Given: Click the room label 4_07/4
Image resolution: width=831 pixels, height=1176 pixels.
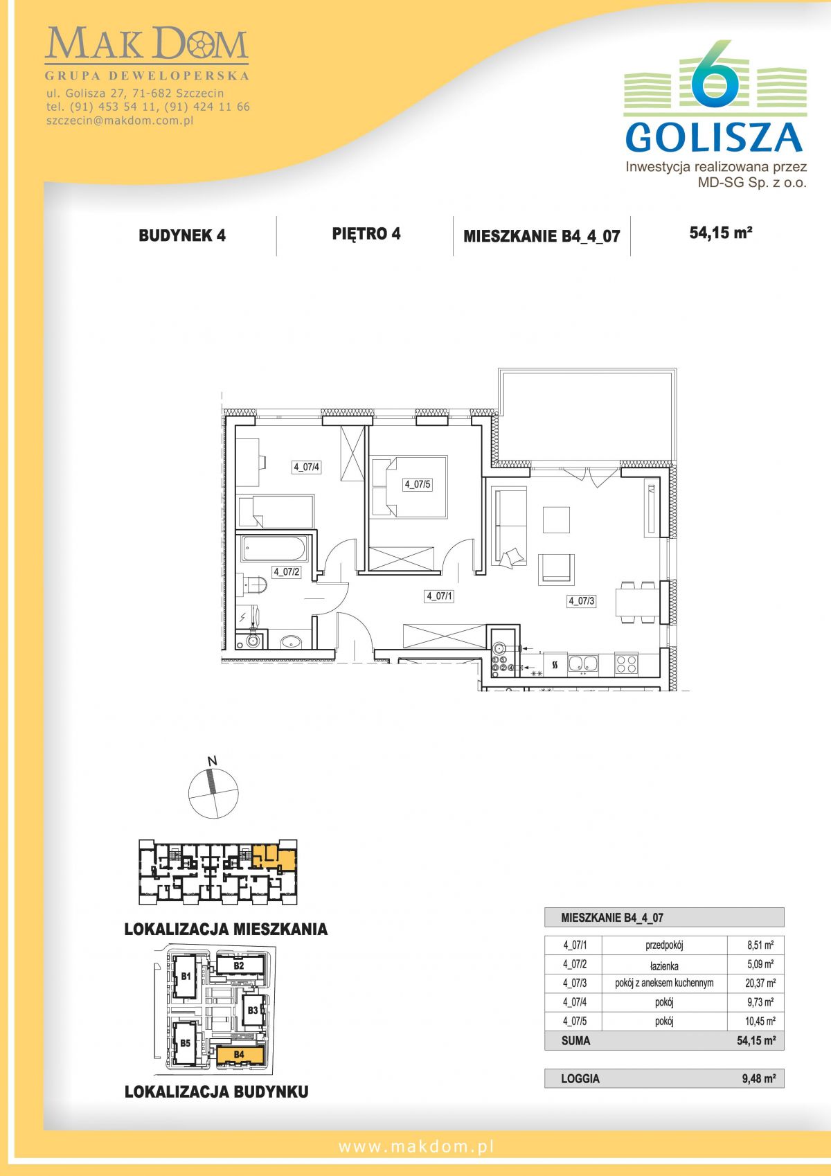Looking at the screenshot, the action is tap(307, 466).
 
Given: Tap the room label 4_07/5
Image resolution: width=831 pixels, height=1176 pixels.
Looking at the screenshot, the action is tap(418, 485).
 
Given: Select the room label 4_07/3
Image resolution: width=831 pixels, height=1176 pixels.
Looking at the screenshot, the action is tap(581, 600).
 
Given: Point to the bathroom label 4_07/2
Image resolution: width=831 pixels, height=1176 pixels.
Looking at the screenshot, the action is tap(286, 572).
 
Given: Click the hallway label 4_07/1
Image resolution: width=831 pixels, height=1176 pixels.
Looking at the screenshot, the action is tap(439, 596).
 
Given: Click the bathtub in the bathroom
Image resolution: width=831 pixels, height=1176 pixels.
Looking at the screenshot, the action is tap(274, 549).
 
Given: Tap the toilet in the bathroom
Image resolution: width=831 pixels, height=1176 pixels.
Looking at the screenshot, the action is tap(253, 585).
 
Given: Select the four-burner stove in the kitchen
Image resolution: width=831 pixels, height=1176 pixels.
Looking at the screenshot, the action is tap(626, 664).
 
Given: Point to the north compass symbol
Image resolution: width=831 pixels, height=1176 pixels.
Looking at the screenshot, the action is tap(213, 791).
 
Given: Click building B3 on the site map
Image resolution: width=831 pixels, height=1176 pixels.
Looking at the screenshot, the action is tap(253, 1010).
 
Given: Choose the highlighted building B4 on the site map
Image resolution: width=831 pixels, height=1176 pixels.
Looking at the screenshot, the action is tap(240, 1053).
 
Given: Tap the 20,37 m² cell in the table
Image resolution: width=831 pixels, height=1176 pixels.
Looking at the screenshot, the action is tap(760, 983).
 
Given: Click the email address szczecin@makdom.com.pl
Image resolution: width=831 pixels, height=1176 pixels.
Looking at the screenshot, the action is tap(120, 121).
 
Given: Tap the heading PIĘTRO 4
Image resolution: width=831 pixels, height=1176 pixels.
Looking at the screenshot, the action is tap(366, 234).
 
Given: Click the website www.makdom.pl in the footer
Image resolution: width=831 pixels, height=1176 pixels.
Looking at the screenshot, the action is tap(416, 1148).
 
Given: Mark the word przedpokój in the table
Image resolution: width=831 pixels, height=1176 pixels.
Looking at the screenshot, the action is tap(664, 945).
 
